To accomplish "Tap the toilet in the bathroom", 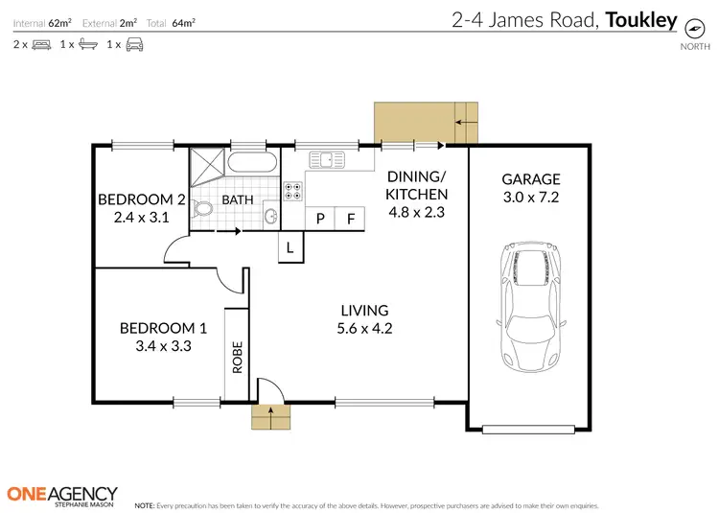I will click(203, 210).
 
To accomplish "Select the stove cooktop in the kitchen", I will click(293, 190).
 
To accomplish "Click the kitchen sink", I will click(333, 160).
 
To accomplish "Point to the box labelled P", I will click(319, 219).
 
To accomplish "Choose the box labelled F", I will click(351, 219).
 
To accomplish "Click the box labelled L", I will click(290, 248).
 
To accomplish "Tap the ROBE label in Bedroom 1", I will click(237, 356).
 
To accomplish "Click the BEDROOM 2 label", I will click(142, 199).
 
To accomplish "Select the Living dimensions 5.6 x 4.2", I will click(365, 328).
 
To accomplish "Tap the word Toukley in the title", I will click(641, 18).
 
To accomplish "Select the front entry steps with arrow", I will click(269, 417).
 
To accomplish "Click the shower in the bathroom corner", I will click(207, 166).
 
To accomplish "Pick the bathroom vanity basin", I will click(270, 216).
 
